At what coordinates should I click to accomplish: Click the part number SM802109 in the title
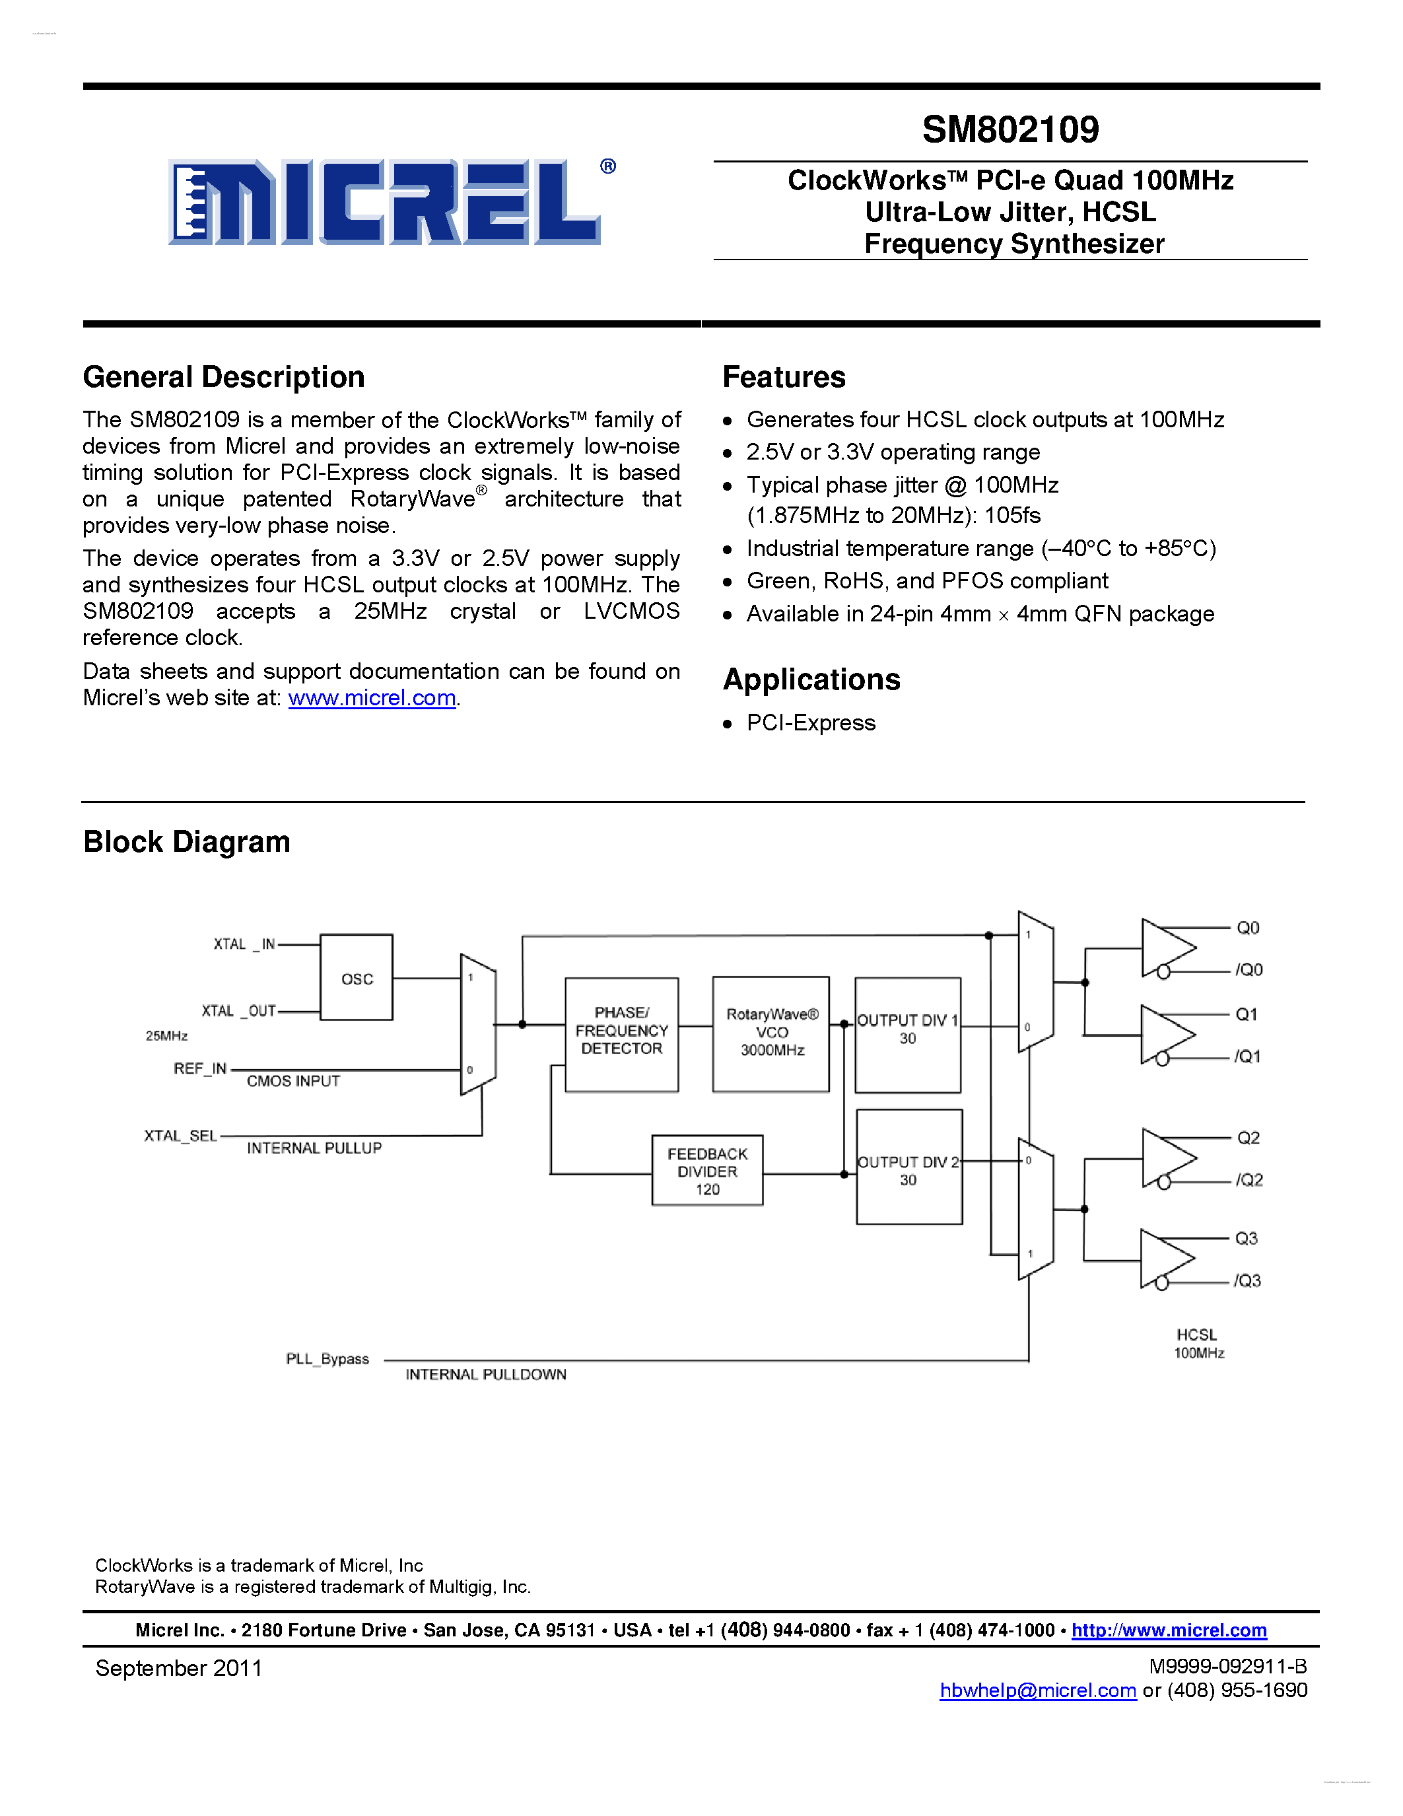point(1010,129)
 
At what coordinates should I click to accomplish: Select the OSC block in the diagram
point(357,978)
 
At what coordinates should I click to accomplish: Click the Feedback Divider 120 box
point(707,1171)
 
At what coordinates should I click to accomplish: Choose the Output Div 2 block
point(908,1167)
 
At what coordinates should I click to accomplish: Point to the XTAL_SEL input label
point(180,1136)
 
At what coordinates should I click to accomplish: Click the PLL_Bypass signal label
point(327,1358)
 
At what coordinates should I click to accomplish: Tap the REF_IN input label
point(200,1068)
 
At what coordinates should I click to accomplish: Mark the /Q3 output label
point(1248,1281)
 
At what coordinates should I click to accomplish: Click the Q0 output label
point(1248,928)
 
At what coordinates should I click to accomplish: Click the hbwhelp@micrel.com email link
point(1037,1691)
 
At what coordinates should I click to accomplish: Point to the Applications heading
point(811,680)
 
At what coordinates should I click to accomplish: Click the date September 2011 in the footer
point(179,1668)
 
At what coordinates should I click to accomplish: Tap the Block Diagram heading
point(187,841)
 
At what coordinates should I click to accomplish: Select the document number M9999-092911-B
point(1227,1666)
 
